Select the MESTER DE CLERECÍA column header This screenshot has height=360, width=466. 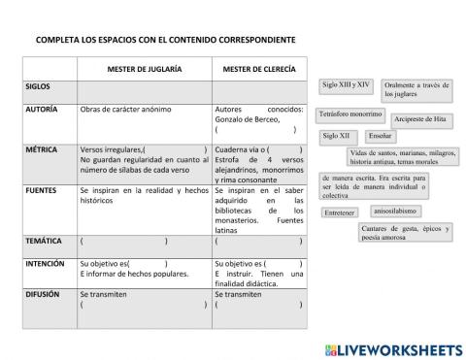point(258,69)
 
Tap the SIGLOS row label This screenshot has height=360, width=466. point(38,86)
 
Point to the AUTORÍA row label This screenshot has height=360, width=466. point(42,111)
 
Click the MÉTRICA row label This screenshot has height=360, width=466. point(41,150)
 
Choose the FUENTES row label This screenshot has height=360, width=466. point(41,191)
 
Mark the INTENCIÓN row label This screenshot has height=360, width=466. point(45,264)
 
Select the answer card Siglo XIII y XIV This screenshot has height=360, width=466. point(346,85)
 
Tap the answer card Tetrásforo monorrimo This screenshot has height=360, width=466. point(350,115)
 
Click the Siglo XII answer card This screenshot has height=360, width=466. point(336,136)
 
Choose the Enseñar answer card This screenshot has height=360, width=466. point(381,136)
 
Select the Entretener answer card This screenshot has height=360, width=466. point(340,212)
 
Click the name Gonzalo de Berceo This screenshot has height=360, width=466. point(245,120)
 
